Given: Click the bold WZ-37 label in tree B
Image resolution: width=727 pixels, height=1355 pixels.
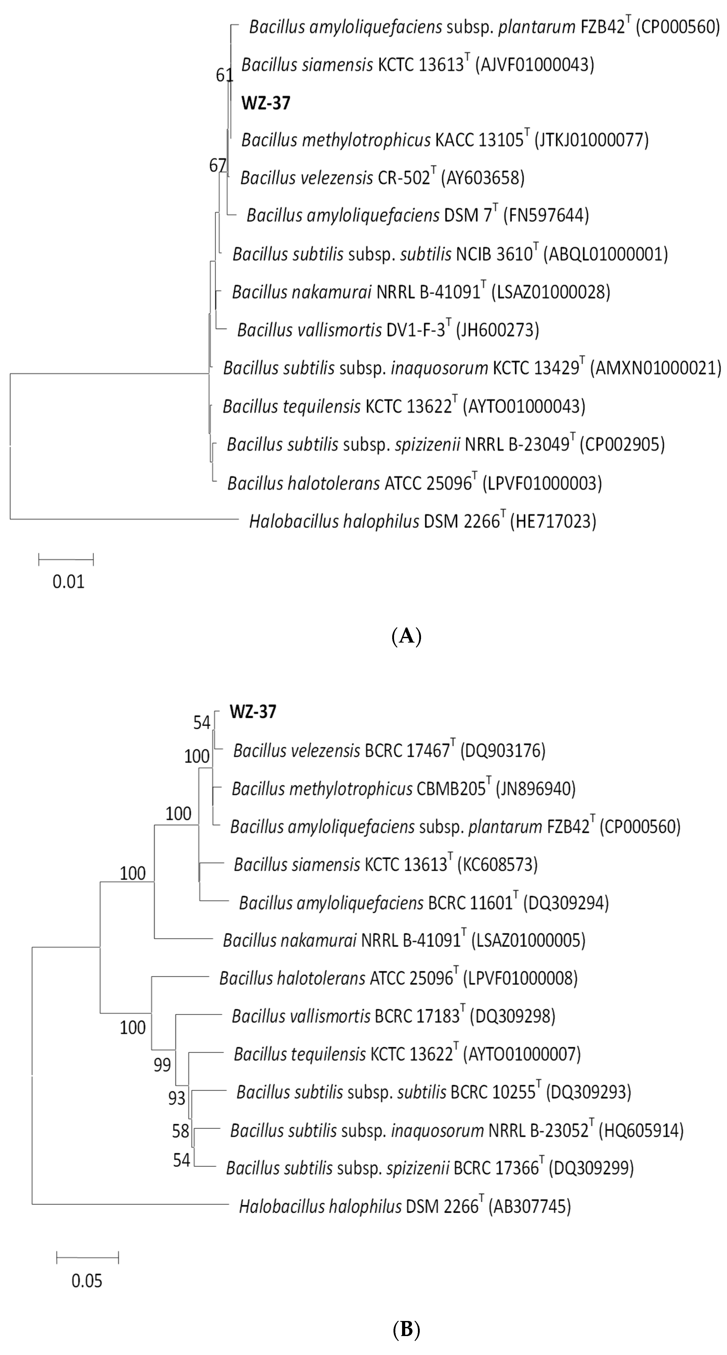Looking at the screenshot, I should click(x=253, y=712).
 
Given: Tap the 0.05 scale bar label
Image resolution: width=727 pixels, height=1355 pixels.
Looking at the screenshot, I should click(x=87, y=1280).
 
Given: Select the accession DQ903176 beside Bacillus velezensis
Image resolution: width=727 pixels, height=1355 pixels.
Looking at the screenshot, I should click(x=502, y=751).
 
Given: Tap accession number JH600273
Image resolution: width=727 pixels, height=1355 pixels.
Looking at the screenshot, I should click(x=498, y=330).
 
